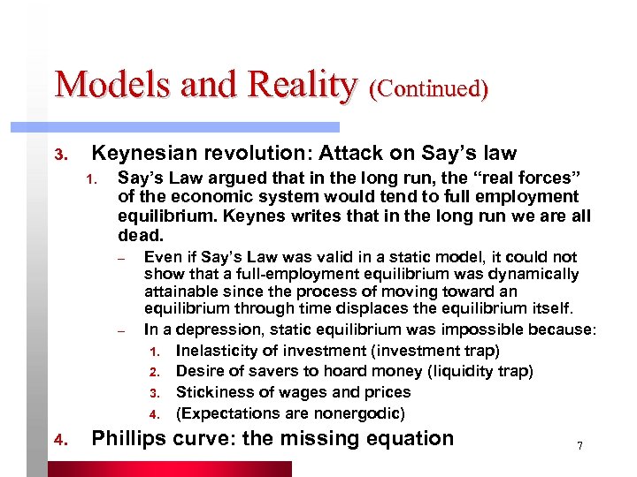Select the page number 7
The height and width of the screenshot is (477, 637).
[579, 446]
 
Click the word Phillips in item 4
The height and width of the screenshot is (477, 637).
[127, 438]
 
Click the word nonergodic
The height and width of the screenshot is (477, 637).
[356, 413]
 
